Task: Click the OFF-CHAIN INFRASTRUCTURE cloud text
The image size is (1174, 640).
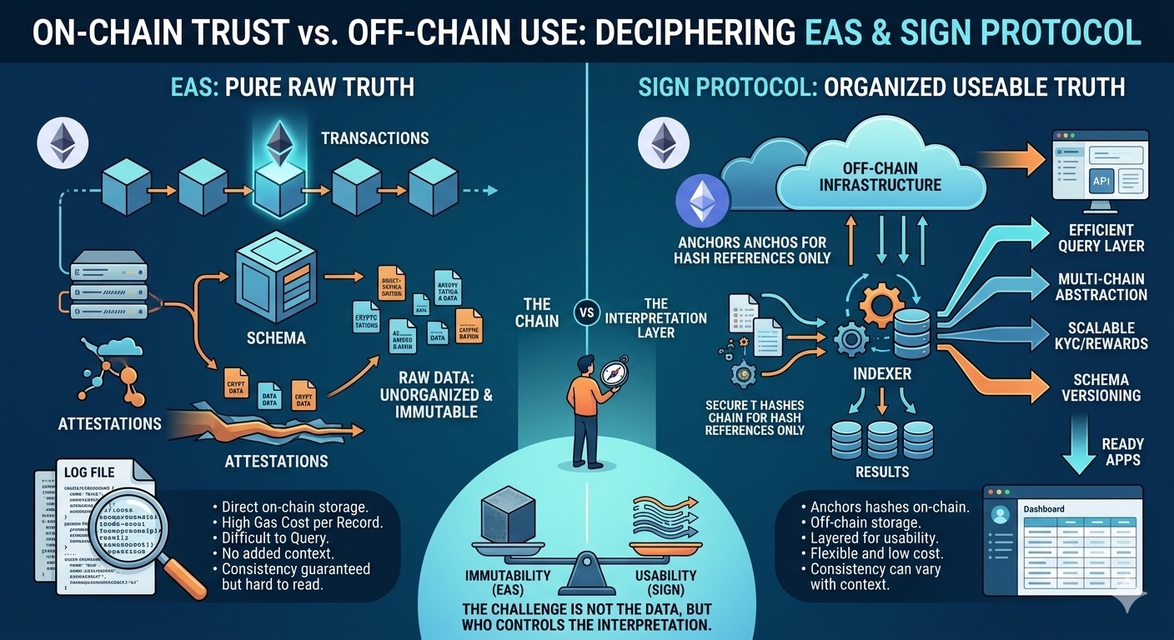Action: pos(880,176)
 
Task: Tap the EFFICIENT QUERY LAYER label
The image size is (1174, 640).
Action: pos(1101,237)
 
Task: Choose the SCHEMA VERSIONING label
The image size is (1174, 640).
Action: pos(1101,386)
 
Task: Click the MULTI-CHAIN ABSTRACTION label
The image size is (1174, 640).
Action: pos(1101,286)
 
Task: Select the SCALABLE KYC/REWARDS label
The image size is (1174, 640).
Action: pos(1101,336)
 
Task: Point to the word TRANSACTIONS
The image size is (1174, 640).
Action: pos(375,137)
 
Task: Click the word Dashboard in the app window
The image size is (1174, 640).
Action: pos(1042,508)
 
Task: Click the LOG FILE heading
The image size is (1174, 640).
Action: pos(89,472)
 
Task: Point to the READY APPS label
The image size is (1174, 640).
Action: pos(1122,452)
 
